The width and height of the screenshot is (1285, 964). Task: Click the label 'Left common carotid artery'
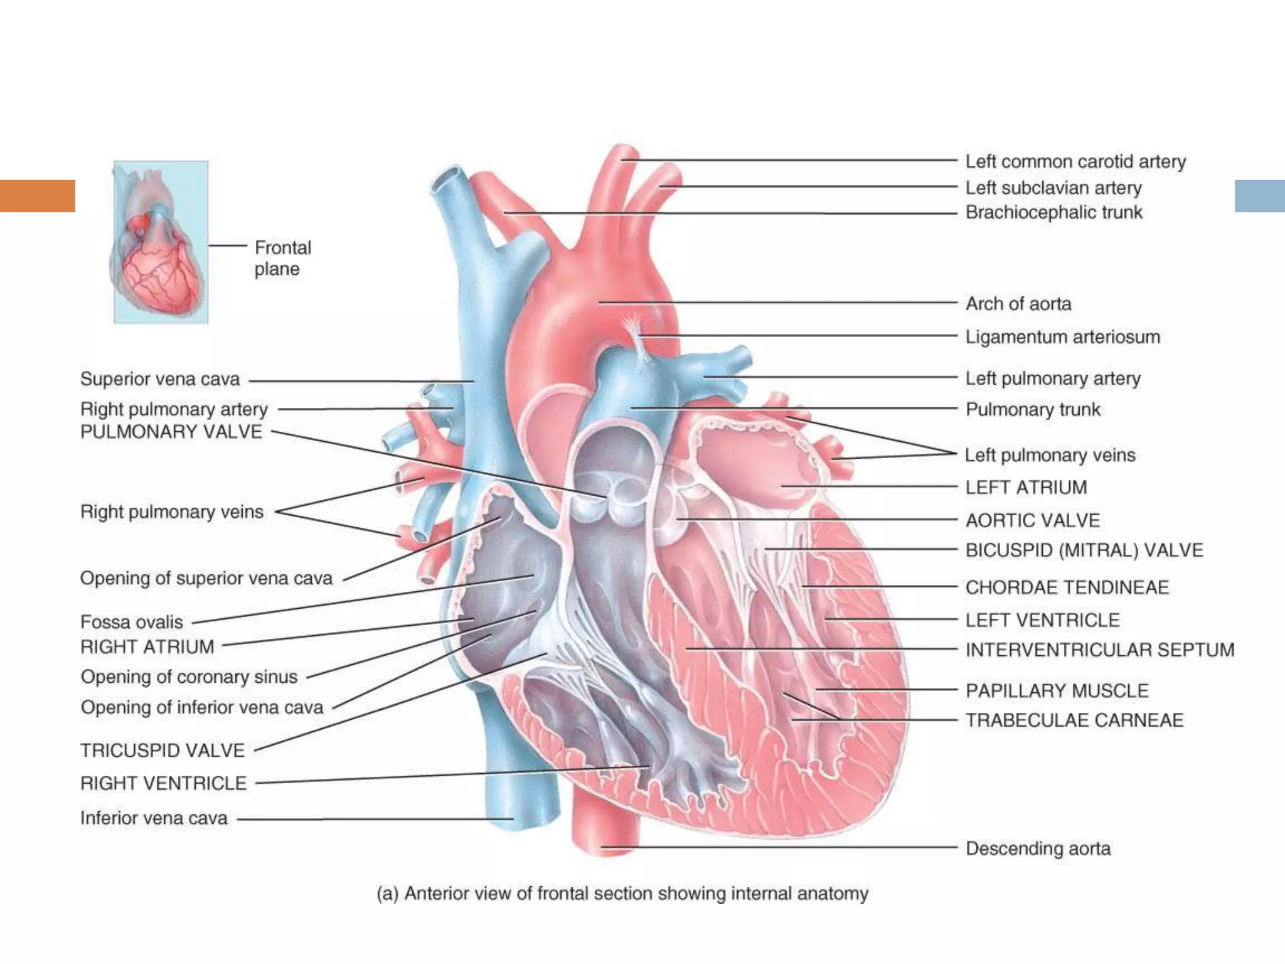point(1075,162)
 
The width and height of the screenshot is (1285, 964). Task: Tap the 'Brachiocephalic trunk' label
point(1053,213)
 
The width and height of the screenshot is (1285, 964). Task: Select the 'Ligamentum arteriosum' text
point(1062,337)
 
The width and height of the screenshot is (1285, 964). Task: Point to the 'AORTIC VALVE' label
point(1032,520)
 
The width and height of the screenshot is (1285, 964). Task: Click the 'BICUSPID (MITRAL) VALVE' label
point(1084,550)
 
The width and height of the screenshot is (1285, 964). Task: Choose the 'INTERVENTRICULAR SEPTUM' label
point(1099,650)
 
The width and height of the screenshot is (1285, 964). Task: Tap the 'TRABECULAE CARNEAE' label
point(1074,720)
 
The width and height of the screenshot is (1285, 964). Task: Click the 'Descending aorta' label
point(1038,849)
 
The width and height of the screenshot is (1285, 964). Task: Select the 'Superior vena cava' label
point(160,379)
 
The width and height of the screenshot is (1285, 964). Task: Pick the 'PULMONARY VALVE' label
point(171,432)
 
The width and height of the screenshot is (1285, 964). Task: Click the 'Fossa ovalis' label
point(132,622)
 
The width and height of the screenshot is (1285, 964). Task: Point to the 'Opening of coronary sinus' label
point(189,677)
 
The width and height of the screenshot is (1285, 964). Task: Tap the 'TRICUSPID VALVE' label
point(163,751)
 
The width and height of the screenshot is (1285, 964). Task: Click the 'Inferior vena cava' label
point(154,818)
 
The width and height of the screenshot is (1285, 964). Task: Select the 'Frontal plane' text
point(282,258)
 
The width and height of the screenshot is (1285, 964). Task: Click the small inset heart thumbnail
point(161,242)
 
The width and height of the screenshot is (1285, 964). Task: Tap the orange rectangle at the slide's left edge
point(38,196)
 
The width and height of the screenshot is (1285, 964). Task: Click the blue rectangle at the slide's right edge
point(1259,196)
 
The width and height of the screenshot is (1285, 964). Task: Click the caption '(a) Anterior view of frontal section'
point(622,893)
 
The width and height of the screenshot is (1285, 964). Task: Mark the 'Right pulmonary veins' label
point(171,512)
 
